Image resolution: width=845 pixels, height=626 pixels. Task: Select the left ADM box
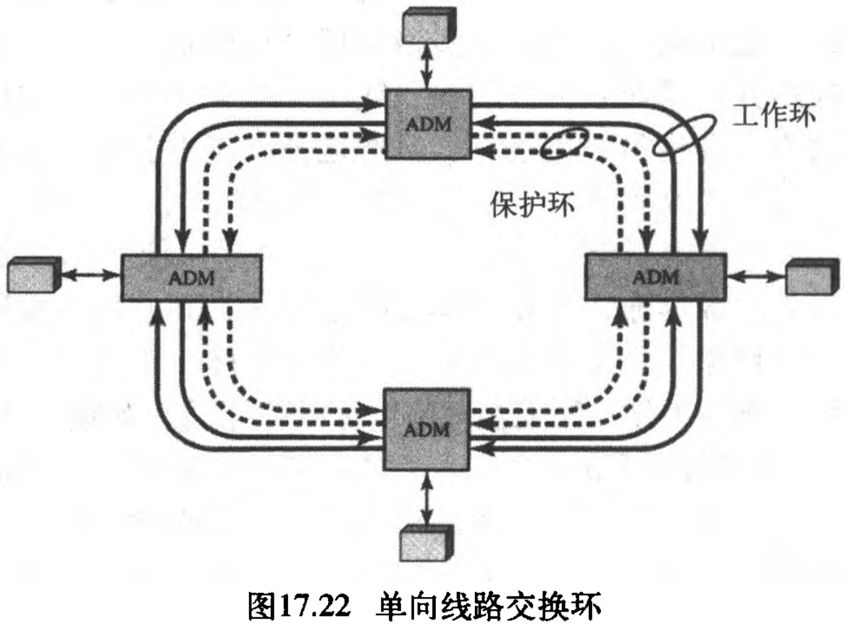(190, 278)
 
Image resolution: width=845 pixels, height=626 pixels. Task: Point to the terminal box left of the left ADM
(32, 276)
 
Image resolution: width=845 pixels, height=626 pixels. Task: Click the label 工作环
(774, 116)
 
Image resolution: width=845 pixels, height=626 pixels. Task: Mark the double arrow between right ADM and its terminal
(755, 276)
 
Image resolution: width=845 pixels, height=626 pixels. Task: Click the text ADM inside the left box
(190, 279)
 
